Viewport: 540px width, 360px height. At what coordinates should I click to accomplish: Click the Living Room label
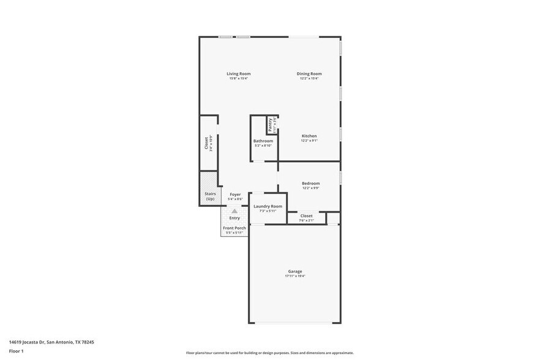[239, 73]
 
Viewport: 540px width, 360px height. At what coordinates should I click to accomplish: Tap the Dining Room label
[309, 73]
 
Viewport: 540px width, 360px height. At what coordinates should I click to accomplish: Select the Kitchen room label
[309, 136]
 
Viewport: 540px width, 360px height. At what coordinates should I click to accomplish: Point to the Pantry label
[271, 124]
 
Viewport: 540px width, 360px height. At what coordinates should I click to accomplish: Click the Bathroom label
[263, 141]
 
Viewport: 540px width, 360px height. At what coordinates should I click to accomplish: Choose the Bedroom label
[310, 183]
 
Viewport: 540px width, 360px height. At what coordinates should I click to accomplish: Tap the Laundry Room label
[268, 206]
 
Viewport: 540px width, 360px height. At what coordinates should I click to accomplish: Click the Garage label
[295, 271]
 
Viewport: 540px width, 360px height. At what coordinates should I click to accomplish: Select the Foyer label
[235, 194]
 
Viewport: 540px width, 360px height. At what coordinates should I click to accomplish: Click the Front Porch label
[234, 228]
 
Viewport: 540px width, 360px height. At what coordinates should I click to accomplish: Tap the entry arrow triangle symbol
[234, 211]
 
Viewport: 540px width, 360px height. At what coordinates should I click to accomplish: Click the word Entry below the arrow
[234, 218]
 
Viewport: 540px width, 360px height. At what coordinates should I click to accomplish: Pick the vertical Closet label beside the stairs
[206, 143]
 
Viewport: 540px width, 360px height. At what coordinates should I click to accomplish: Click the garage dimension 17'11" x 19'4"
[295, 276]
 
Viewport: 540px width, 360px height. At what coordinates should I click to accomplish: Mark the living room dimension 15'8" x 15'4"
[239, 78]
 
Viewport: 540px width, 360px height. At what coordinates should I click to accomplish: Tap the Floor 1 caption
[16, 351]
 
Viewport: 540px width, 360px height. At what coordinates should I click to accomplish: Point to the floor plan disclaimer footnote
[269, 353]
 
